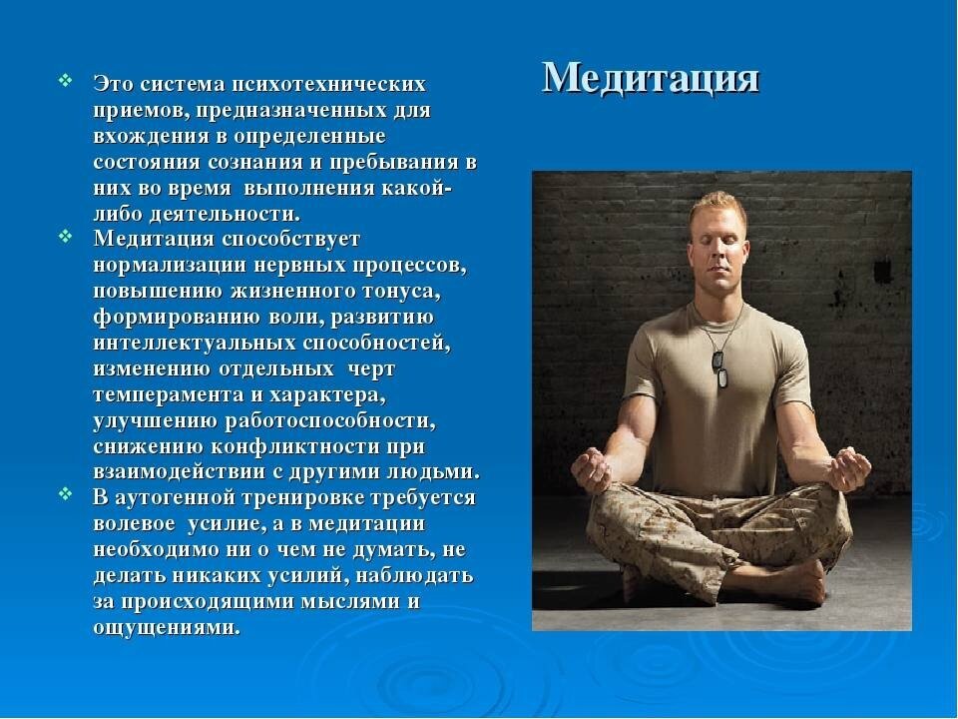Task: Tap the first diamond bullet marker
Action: click(66, 80)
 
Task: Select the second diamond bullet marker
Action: click(66, 236)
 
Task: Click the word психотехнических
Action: click(328, 84)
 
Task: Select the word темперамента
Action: click(170, 395)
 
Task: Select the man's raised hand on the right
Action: click(850, 468)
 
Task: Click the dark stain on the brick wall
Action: click(882, 271)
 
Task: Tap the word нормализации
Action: click(170, 266)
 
